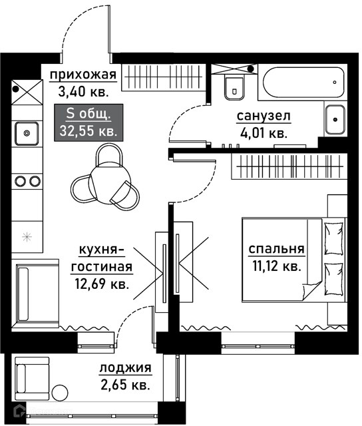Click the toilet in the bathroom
tap(235, 88)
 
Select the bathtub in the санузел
tap(303, 83)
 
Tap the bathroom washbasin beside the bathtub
tap(335, 120)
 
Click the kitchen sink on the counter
tap(27, 133)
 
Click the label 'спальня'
tap(276, 249)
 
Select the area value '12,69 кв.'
tap(102, 284)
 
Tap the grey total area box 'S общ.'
tap(89, 122)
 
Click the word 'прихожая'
tap(83, 75)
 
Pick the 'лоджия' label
tap(125, 368)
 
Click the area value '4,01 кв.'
tap(264, 133)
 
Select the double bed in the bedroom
tap(294, 260)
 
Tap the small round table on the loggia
tap(60, 393)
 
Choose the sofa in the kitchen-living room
tap(35, 294)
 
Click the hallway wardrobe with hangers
tap(163, 77)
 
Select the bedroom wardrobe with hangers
tap(289, 166)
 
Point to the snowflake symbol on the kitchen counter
tap(27, 237)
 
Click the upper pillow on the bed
tap(334, 238)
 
